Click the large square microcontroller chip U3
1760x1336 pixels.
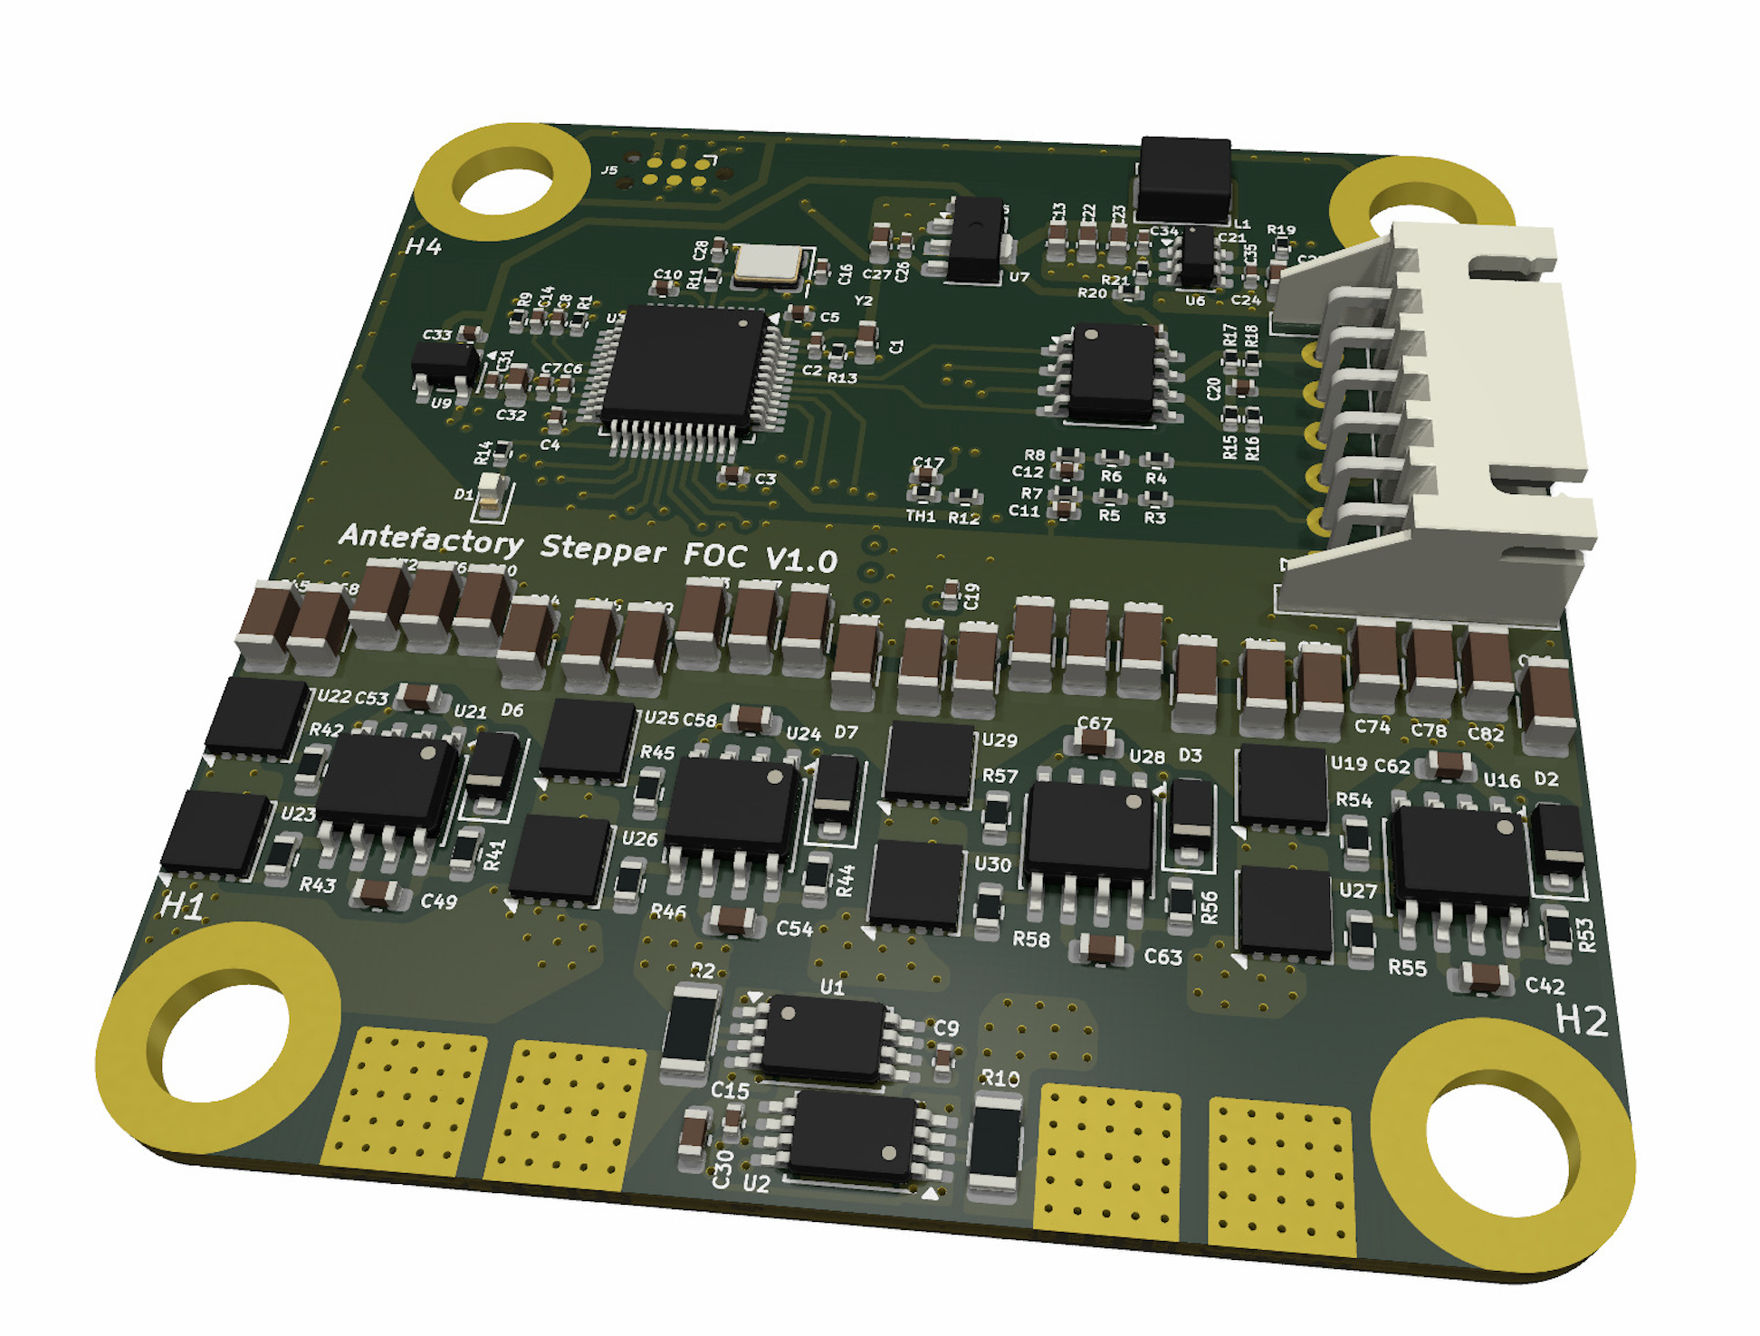(x=685, y=367)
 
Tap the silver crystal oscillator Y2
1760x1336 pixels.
(x=769, y=264)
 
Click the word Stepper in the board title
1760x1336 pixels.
(x=603, y=549)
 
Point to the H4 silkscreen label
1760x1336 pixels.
(x=423, y=246)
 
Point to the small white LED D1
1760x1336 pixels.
(x=491, y=489)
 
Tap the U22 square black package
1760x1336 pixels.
(x=260, y=716)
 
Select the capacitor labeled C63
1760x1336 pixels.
(x=1102, y=948)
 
